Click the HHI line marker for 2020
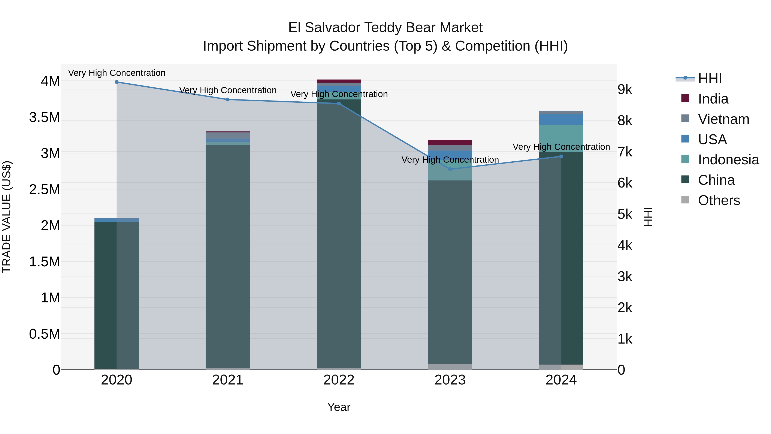[117, 82]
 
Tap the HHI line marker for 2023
[450, 169]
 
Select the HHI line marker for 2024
[561, 156]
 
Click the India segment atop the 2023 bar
[450, 142]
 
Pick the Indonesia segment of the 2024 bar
[561, 138]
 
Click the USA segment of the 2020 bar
[117, 220]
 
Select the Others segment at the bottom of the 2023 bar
[450, 367]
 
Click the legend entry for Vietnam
[723, 119]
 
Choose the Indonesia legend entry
[728, 160]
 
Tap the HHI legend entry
[710, 78]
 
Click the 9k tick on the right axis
[625, 90]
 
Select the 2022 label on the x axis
[339, 380]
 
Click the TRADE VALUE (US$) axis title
[7, 217]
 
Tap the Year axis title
[339, 407]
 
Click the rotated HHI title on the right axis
[648, 217]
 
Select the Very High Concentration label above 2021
[228, 90]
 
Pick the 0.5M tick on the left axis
[45, 334]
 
